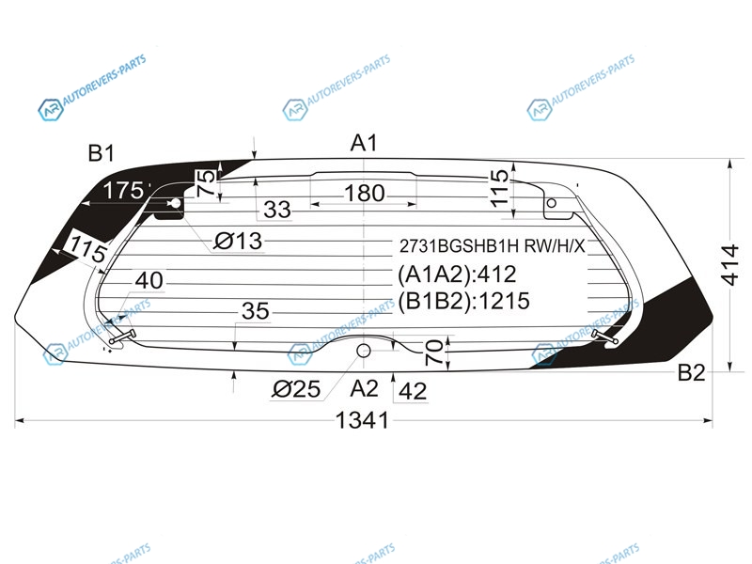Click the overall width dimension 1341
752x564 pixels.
tap(362, 420)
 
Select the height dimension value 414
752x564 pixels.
tap(729, 265)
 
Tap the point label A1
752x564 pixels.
tap(364, 143)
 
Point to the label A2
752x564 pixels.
tap(365, 388)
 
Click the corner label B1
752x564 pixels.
tap(102, 153)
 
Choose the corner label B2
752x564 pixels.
tap(691, 372)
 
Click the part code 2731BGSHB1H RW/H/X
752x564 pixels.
tap(492, 246)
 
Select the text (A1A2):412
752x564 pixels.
tap(457, 274)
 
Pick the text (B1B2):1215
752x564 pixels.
tap(463, 301)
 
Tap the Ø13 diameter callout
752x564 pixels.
tap(238, 241)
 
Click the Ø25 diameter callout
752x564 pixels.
tap(296, 389)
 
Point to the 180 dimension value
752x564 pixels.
tap(365, 194)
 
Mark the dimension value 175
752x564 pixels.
tap(123, 191)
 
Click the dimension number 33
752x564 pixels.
tap(277, 210)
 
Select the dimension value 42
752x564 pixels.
tap(413, 391)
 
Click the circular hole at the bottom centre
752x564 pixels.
tap(364, 351)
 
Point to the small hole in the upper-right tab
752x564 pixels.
tap(552, 203)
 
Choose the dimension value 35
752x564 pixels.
tap(256, 311)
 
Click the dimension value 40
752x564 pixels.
tap(149, 280)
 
